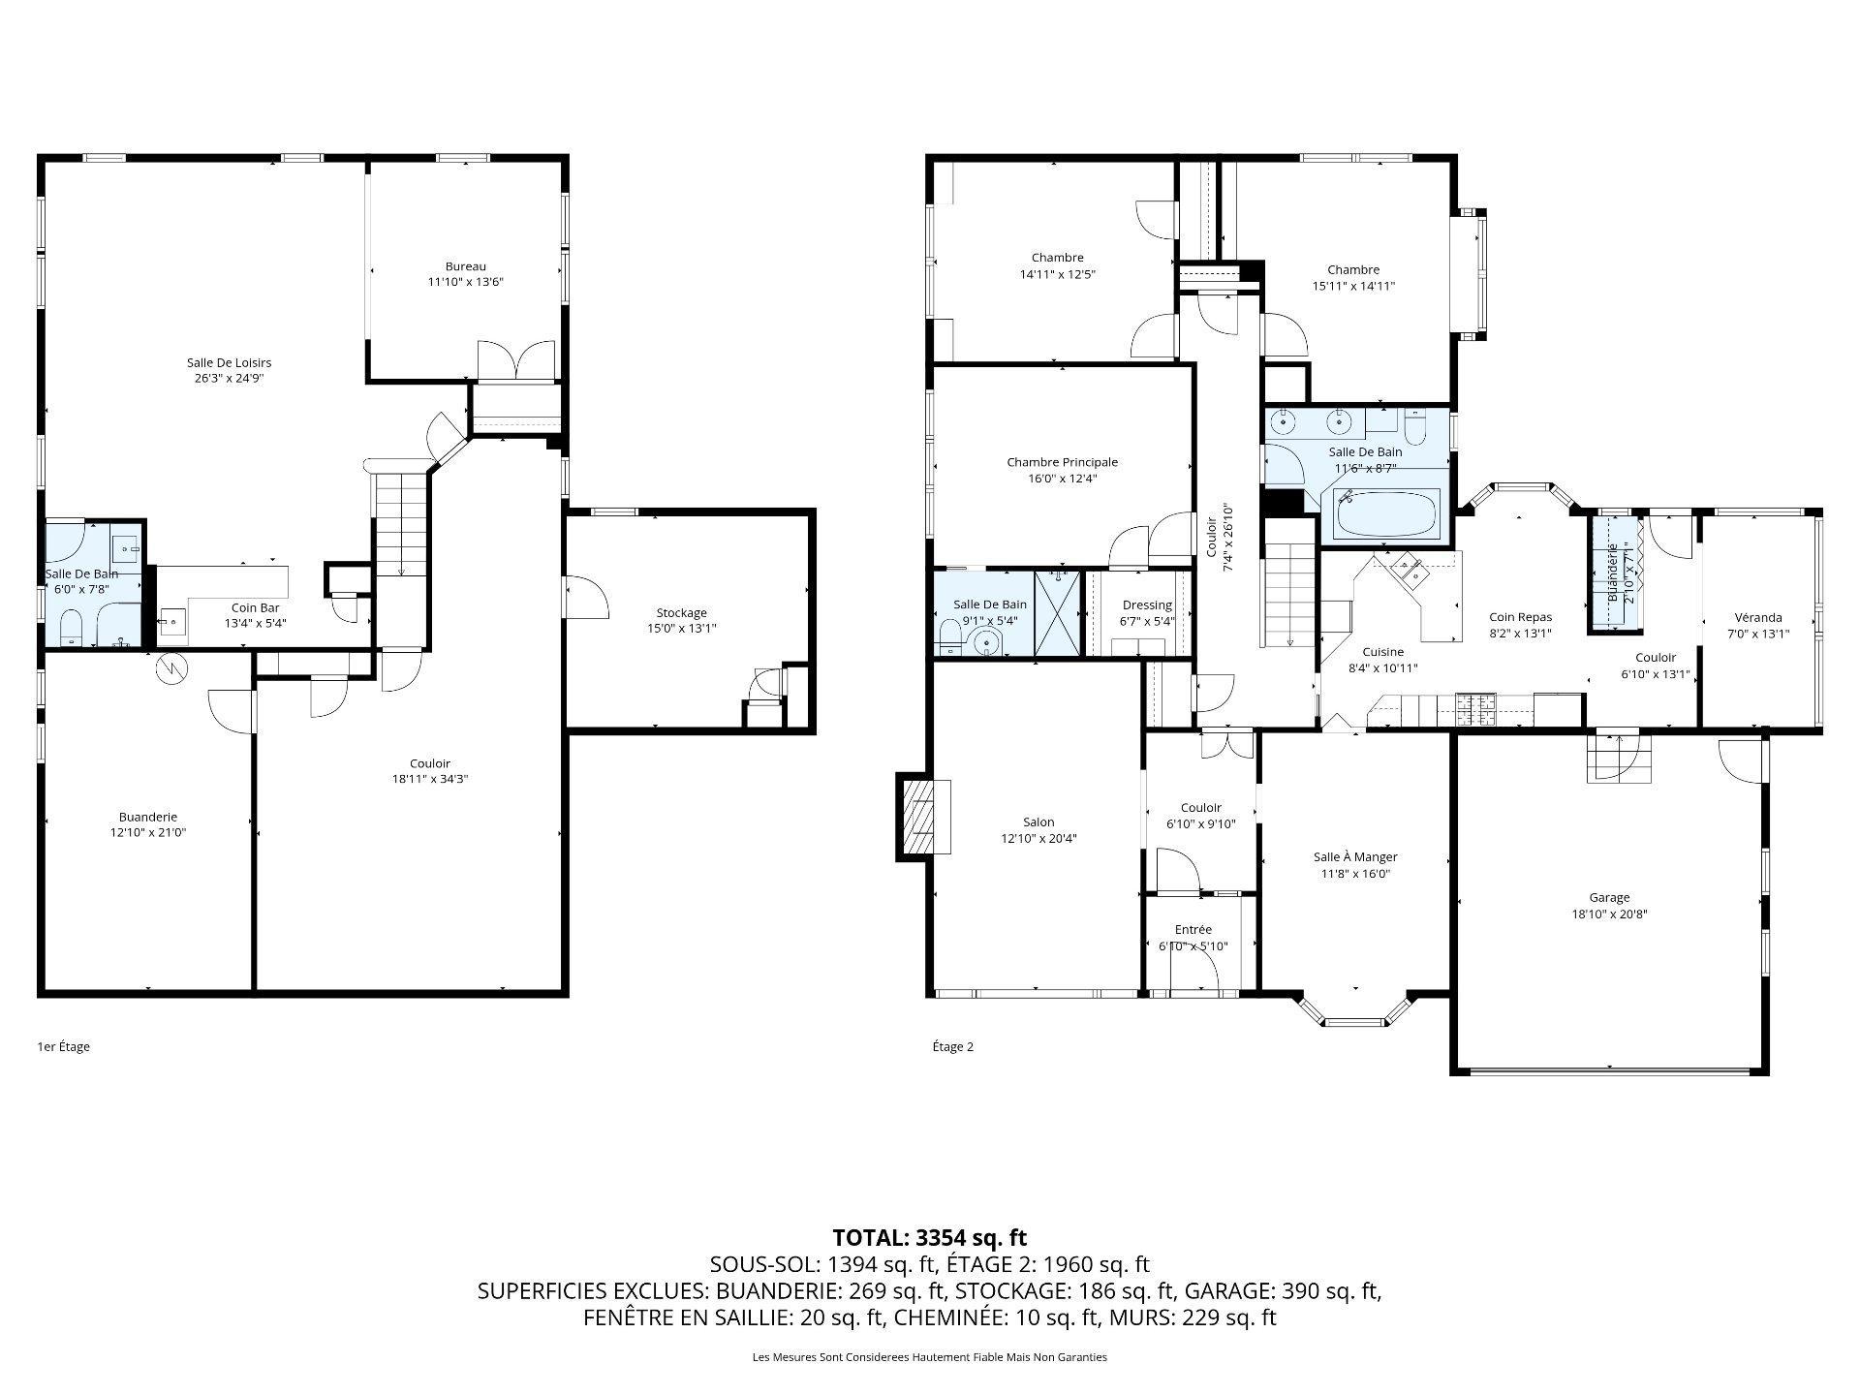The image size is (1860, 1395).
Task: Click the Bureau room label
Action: (466, 266)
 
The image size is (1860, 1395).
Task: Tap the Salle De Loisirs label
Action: (229, 362)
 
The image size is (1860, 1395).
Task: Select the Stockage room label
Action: (682, 612)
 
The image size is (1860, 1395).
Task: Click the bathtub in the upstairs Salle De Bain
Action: (1386, 513)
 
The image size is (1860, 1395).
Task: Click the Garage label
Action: (1609, 897)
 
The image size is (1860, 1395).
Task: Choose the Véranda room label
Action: (1757, 618)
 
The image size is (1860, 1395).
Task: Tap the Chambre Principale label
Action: (1062, 462)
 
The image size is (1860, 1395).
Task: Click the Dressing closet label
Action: (1147, 605)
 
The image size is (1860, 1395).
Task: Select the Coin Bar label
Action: (256, 607)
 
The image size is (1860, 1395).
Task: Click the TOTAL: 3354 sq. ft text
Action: (930, 1237)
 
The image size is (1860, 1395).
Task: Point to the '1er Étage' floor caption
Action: (63, 1046)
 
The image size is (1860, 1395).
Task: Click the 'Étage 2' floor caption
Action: (953, 1046)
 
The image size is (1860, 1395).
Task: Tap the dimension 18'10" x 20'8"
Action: (1609, 914)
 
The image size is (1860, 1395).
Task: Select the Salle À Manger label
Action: (1355, 856)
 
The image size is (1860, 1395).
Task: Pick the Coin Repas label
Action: (1520, 617)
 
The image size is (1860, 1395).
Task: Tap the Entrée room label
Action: (1193, 929)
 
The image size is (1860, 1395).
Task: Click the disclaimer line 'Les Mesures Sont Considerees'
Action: (930, 1357)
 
